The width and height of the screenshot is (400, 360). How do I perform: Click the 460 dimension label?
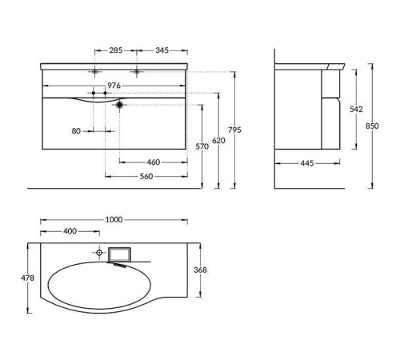click(154, 162)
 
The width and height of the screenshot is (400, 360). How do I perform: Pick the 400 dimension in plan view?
click(70, 232)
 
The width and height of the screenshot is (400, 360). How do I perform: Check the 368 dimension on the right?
click(201, 270)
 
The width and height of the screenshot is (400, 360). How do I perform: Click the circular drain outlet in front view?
click(119, 103)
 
